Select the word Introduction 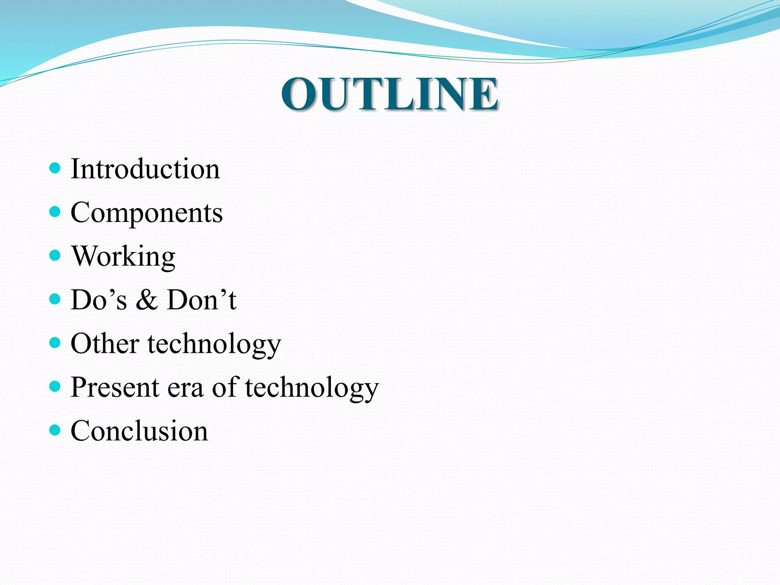(x=145, y=169)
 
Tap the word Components (x=147, y=213)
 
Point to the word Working (x=123, y=256)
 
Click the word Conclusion (x=139, y=431)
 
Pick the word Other (x=105, y=344)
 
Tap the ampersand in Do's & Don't (x=147, y=300)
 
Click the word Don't (x=201, y=300)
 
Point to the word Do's (x=99, y=300)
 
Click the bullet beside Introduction (x=55, y=168)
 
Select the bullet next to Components (x=55, y=212)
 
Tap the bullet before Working (x=55, y=255)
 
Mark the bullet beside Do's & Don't (x=55, y=299)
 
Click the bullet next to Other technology (x=55, y=343)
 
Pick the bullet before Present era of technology (x=55, y=387)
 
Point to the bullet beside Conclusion (x=55, y=430)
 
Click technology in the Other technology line (x=214, y=344)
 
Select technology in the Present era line (x=312, y=388)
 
